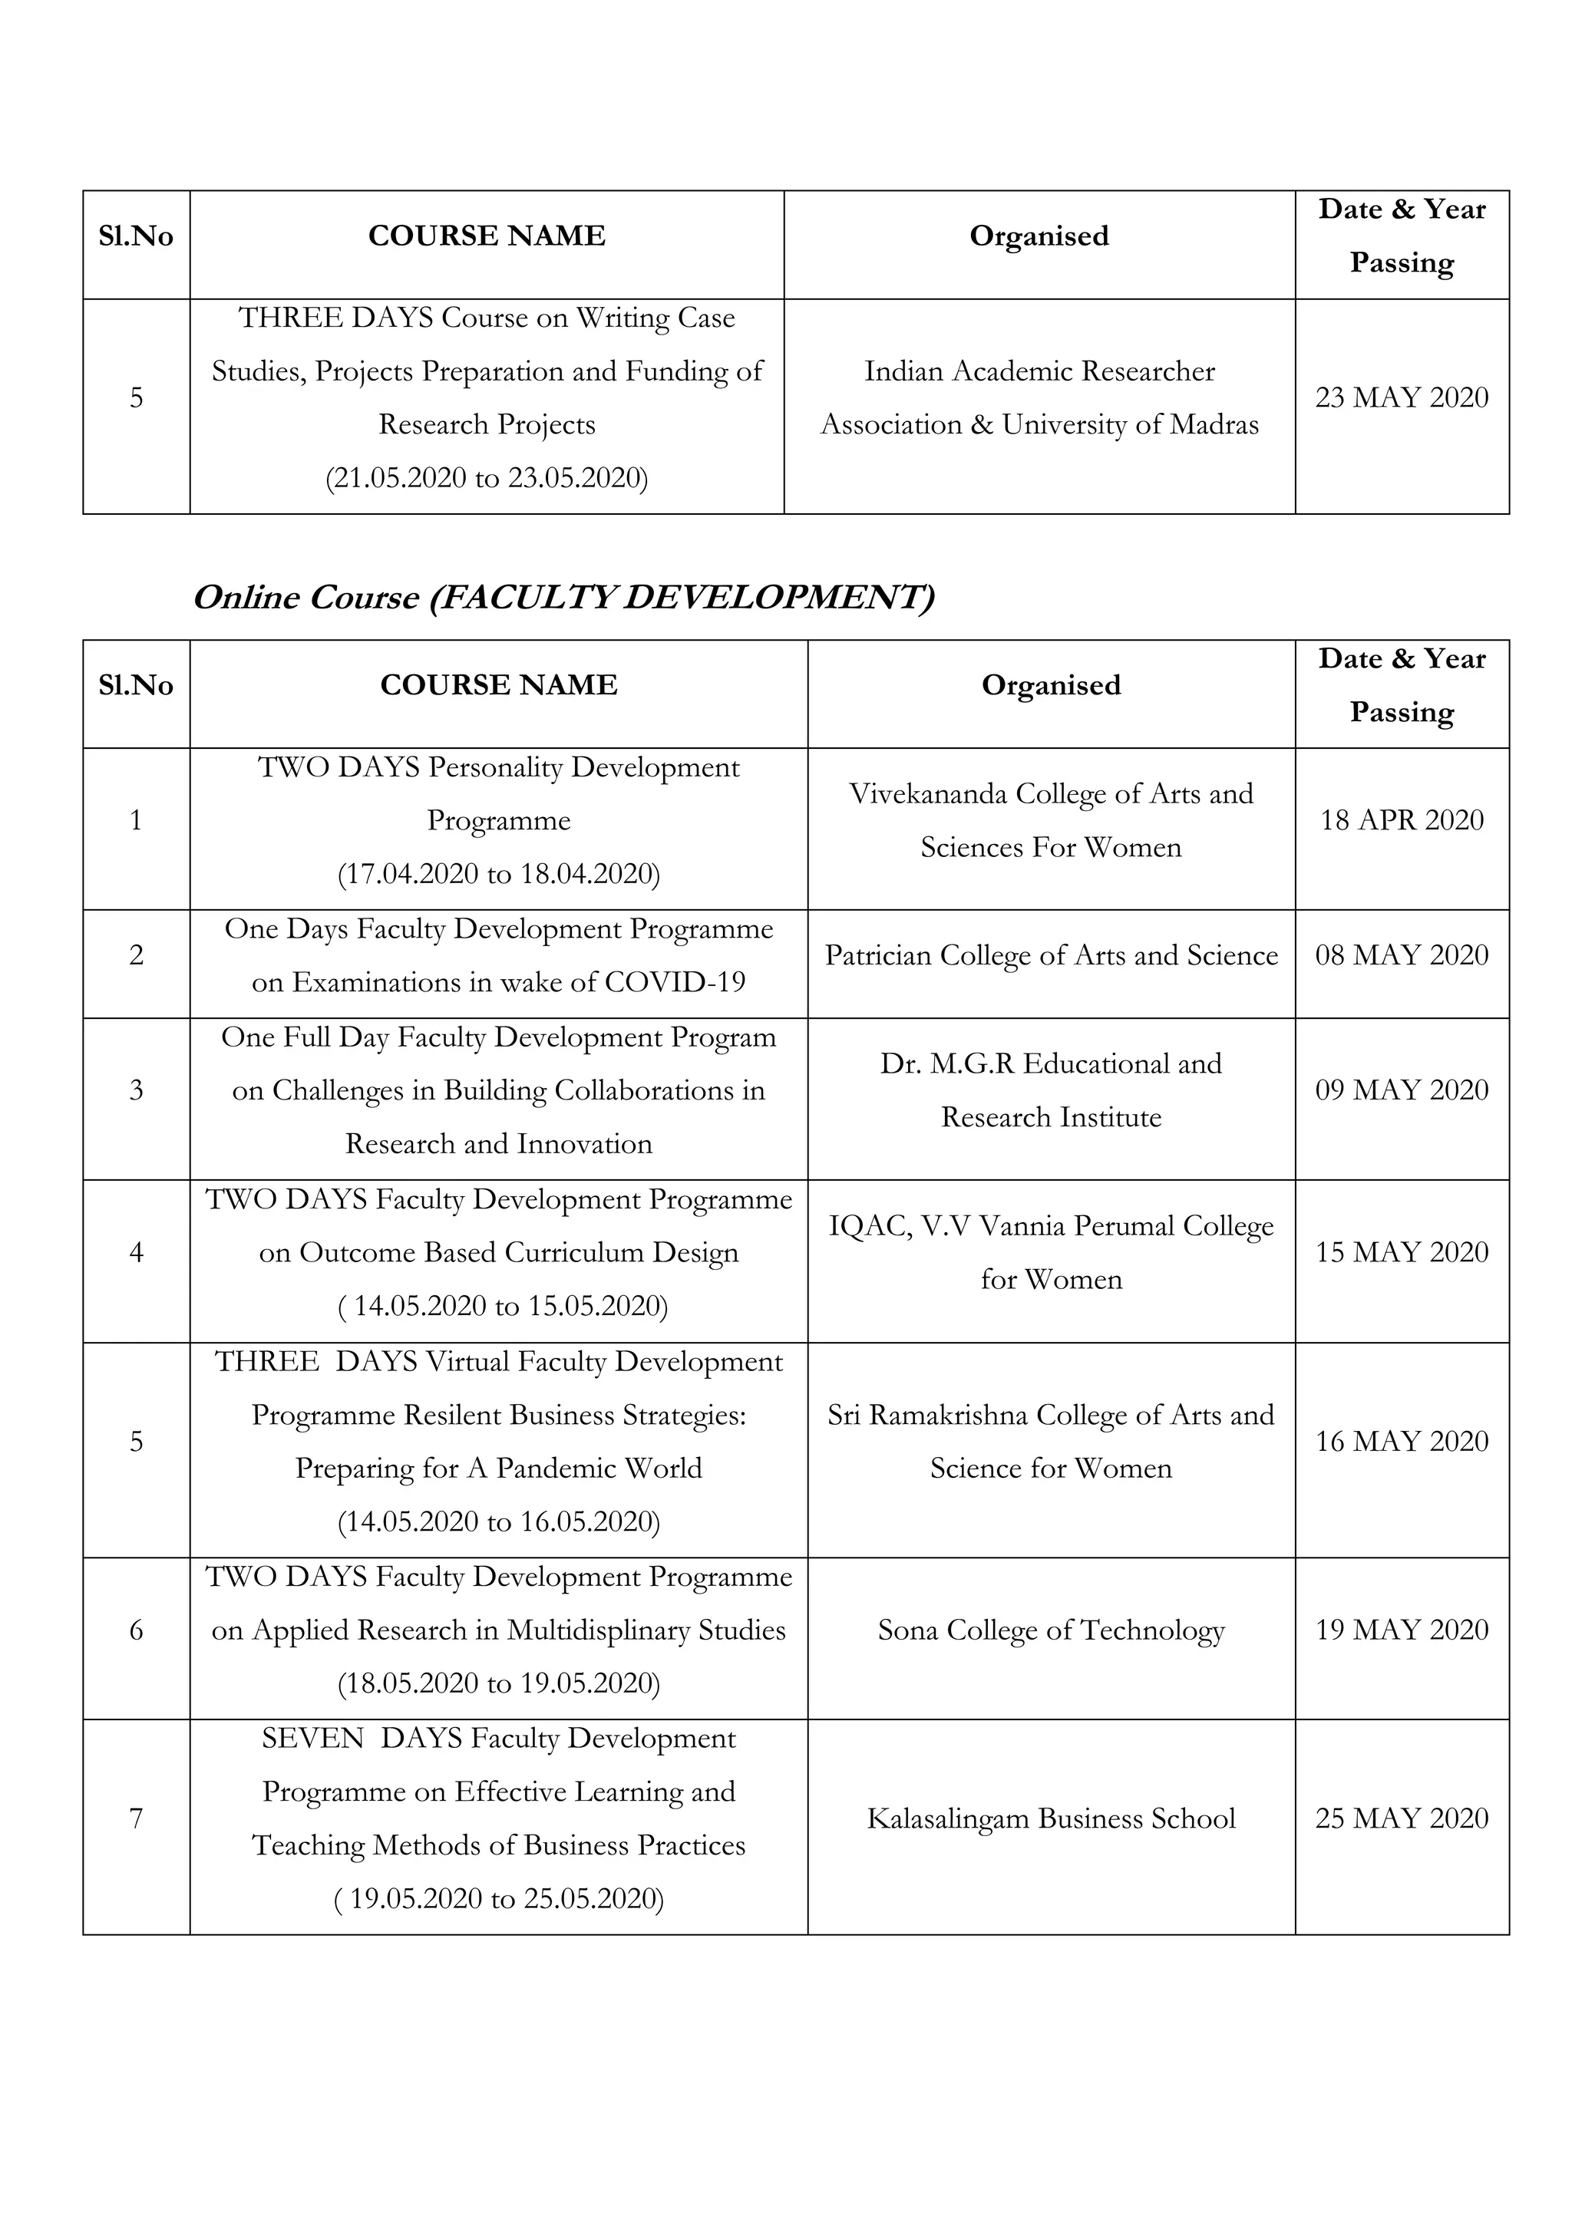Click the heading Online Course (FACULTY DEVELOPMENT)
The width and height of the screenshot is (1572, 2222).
pos(564,597)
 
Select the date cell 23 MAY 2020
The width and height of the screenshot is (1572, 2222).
pos(1401,397)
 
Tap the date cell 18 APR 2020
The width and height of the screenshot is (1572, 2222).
pos(1401,821)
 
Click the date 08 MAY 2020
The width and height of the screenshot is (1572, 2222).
pos(1401,955)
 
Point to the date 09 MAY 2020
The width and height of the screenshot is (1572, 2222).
pos(1401,1091)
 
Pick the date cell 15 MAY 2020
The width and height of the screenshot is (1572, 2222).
pos(1401,1252)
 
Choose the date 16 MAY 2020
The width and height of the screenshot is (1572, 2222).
pos(1401,1441)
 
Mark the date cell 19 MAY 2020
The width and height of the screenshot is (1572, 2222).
pos(1401,1630)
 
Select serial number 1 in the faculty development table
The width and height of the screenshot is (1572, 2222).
pos(136,821)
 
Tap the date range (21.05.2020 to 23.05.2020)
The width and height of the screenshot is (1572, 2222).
pos(486,478)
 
